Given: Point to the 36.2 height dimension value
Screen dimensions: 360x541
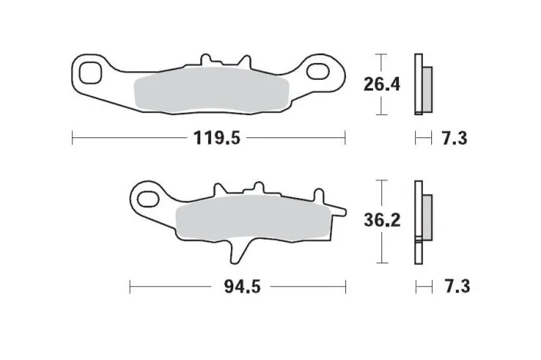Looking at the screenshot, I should [382, 221].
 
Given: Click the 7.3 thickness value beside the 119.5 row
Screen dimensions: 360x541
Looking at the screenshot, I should [454, 139].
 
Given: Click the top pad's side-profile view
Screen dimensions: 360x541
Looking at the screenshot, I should [421, 84].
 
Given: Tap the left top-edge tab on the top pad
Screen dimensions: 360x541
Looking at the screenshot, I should [205, 59].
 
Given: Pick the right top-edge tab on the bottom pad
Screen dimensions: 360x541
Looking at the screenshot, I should [256, 187].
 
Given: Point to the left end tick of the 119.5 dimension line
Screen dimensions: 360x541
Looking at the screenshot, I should [72, 139].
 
